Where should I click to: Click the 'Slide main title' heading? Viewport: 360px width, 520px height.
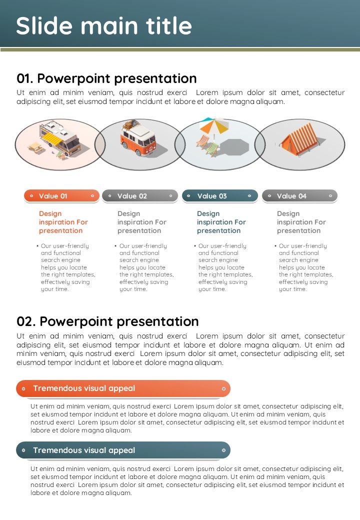tap(104, 26)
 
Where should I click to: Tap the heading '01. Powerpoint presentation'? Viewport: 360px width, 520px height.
tap(106, 78)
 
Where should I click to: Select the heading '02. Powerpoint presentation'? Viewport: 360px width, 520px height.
tap(107, 321)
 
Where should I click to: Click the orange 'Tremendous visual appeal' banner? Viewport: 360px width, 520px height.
tap(123, 388)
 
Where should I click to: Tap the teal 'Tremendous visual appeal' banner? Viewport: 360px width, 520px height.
tap(123, 450)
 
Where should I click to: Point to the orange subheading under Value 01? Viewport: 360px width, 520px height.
tap(63, 222)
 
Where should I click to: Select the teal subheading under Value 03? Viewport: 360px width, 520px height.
tap(221, 222)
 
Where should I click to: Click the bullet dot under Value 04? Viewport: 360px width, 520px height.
tap(275, 245)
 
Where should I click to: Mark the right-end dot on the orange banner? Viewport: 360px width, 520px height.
tap(224, 388)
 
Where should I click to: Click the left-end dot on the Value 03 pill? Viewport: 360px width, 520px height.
tap(188, 196)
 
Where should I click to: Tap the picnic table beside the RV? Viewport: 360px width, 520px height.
tap(36, 147)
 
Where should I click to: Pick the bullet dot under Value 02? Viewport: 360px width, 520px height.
tap(115, 245)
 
